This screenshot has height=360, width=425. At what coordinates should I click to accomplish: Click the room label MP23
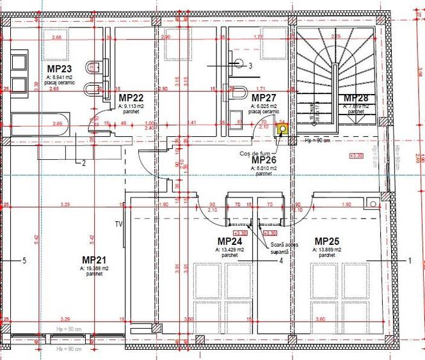coord(59,68)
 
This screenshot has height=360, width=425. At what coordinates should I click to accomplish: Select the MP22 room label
coord(131,98)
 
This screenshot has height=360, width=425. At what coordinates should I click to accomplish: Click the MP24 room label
coord(229,242)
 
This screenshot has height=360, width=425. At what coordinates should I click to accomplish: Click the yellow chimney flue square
coord(281,129)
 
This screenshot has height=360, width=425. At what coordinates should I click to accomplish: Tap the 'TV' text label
coord(118,224)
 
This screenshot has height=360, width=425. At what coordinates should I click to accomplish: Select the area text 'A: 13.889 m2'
coord(327,249)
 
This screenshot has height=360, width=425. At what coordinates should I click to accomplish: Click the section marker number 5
coord(24,260)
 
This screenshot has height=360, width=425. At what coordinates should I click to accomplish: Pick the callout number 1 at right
coord(410,260)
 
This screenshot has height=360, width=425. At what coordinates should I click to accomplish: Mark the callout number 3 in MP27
coord(251,65)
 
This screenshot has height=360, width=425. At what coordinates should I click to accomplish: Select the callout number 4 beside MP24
coord(280,260)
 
